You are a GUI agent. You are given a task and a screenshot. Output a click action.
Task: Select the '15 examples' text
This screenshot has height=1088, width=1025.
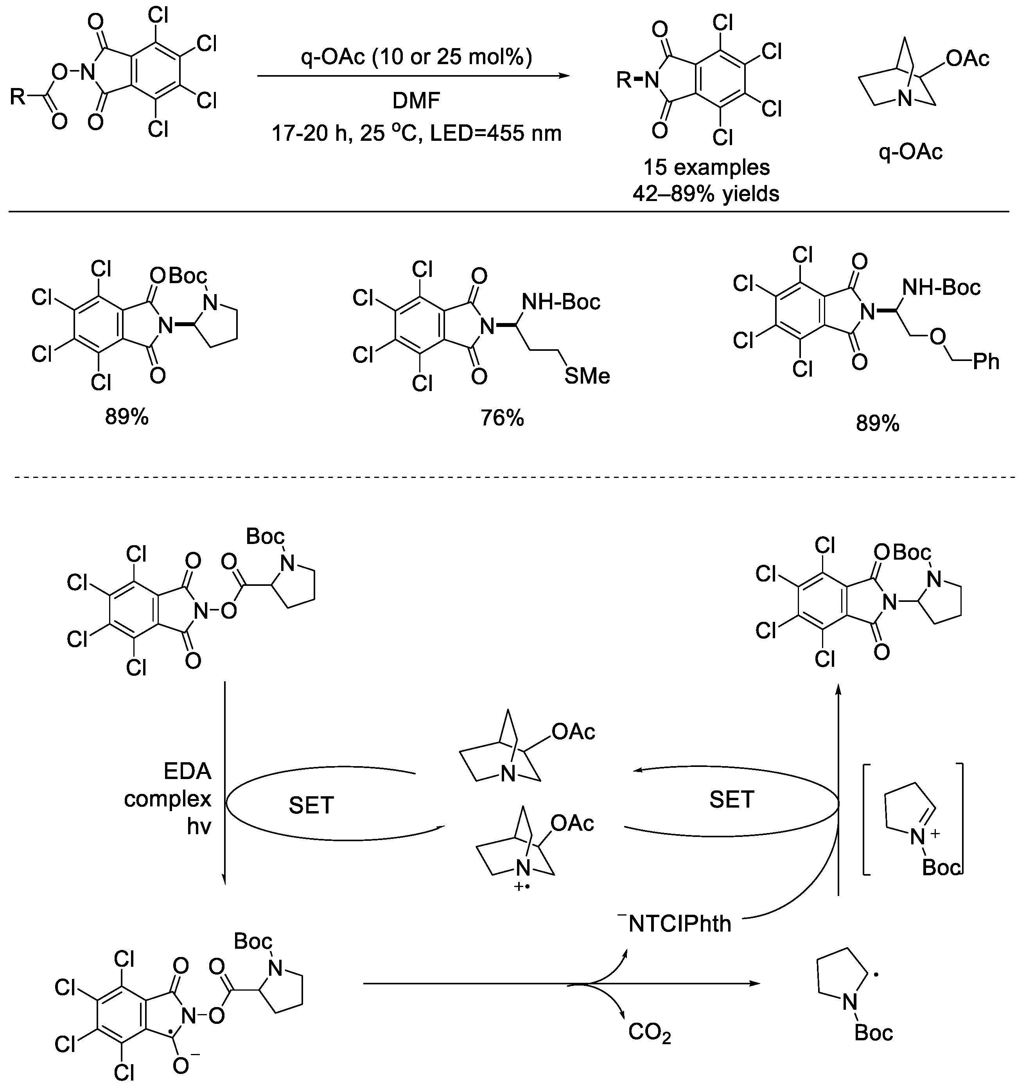pyautogui.click(x=706, y=167)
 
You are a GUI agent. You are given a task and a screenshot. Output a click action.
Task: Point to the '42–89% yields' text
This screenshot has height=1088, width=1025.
pyautogui.click(x=706, y=193)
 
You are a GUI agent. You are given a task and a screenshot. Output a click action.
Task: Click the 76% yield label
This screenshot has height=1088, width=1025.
pyautogui.click(x=502, y=418)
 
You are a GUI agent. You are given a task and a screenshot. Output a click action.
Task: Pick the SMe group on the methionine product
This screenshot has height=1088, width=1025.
pyautogui.click(x=587, y=376)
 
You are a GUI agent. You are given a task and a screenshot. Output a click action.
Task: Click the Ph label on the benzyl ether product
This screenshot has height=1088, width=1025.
pyautogui.click(x=986, y=361)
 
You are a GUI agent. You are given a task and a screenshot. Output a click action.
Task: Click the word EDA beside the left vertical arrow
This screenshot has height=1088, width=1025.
pyautogui.click(x=187, y=772)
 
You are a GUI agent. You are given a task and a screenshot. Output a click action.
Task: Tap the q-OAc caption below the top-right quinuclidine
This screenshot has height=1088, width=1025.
pyautogui.click(x=911, y=152)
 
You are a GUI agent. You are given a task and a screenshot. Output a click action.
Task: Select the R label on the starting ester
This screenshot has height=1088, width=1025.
pyautogui.click(x=18, y=97)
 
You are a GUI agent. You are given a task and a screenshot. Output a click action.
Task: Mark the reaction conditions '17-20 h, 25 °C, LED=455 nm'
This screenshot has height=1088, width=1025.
pyautogui.click(x=416, y=133)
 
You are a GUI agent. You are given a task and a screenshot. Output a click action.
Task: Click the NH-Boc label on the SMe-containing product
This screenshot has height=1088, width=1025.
pyautogui.click(x=560, y=302)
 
